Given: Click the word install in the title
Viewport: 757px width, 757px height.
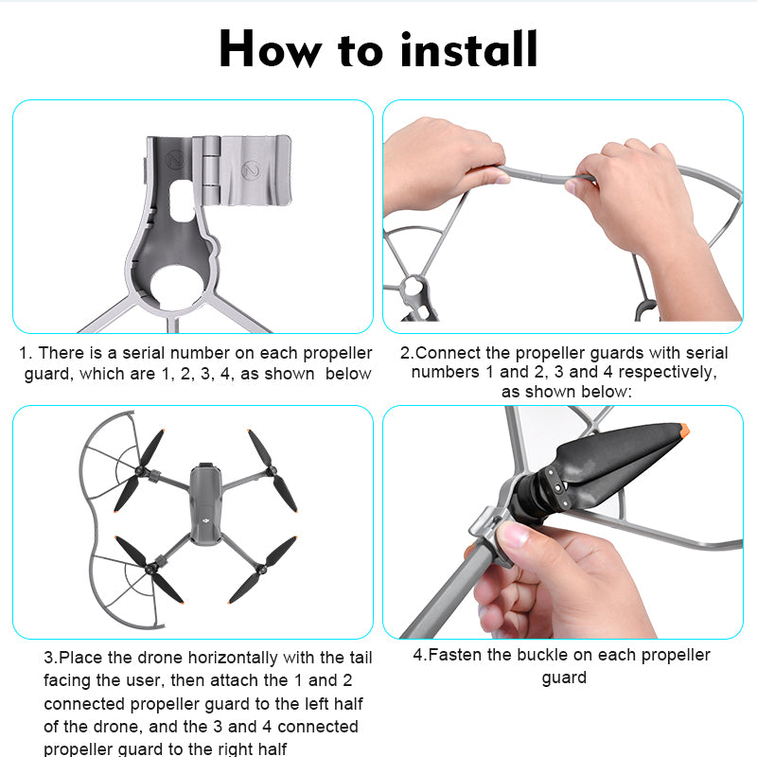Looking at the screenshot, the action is (468, 49).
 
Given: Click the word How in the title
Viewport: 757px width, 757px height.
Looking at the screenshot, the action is (271, 49).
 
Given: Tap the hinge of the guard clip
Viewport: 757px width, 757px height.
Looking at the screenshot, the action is (211, 169).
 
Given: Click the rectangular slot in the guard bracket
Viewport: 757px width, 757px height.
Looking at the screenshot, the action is (182, 201).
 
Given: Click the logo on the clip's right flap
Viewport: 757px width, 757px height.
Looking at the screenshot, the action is (251, 170).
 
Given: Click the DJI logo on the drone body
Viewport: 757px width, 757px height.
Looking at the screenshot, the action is (206, 521).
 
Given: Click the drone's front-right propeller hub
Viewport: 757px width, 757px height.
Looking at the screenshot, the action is (272, 470).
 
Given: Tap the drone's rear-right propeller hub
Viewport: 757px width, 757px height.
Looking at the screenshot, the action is (262, 570).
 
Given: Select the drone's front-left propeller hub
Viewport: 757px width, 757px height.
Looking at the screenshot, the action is (141, 470).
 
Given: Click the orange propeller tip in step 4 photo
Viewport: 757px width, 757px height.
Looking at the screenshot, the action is (683, 429).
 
